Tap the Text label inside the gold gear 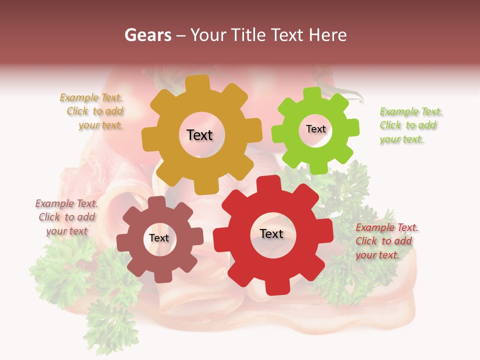(199, 135)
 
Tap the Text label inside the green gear (315, 129)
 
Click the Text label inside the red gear (271, 234)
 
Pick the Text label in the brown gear (159, 238)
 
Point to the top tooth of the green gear (312, 93)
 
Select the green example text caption (410, 125)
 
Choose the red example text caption (386, 241)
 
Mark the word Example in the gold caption (79, 98)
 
